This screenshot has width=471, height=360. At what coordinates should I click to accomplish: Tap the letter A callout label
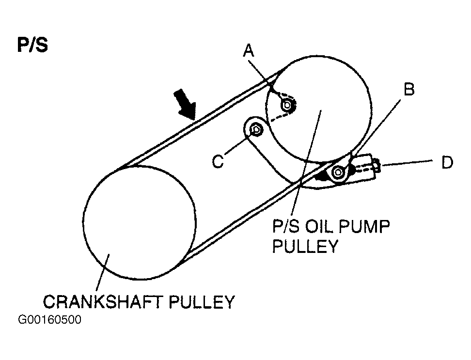(x=249, y=51)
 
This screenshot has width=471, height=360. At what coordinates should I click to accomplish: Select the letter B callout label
(x=409, y=90)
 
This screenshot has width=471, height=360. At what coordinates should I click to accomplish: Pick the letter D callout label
(x=446, y=163)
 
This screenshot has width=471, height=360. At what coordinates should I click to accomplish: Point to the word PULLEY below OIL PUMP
(x=304, y=246)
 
